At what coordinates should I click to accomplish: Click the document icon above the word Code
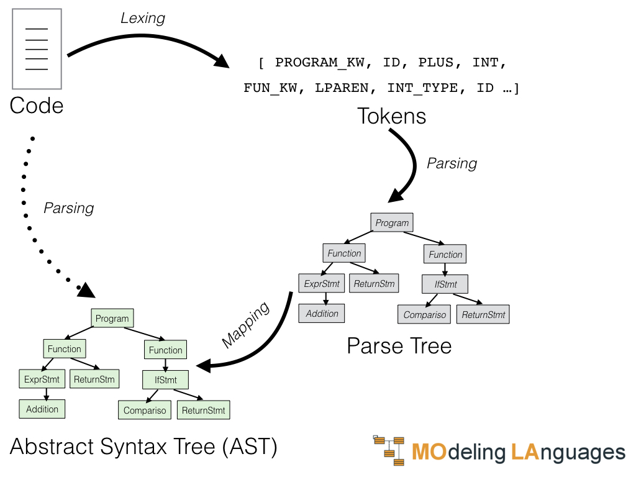pyautogui.click(x=37, y=48)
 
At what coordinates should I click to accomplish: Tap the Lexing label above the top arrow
pyautogui.click(x=143, y=18)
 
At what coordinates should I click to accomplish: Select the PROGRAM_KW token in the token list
pyautogui.click(x=320, y=63)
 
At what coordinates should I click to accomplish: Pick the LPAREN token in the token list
pyautogui.click(x=342, y=88)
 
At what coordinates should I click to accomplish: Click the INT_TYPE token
pyautogui.click(x=422, y=88)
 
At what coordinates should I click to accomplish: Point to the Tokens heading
pyautogui.click(x=391, y=116)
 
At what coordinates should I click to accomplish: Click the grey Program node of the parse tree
pyautogui.click(x=392, y=223)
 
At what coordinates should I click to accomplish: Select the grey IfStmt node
pyautogui.click(x=445, y=284)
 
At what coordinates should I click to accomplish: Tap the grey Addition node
pyautogui.click(x=322, y=314)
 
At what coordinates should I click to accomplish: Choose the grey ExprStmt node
pyautogui.click(x=322, y=283)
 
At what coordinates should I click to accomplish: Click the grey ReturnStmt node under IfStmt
pyautogui.click(x=483, y=314)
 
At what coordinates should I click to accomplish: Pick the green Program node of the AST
pyautogui.click(x=112, y=319)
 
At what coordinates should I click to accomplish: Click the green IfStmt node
pyautogui.click(x=165, y=380)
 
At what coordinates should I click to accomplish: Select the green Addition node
pyautogui.click(x=42, y=409)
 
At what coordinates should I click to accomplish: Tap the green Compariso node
pyautogui.click(x=145, y=410)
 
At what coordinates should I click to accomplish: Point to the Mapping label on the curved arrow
pyautogui.click(x=246, y=325)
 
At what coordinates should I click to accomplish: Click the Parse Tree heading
pyautogui.click(x=399, y=346)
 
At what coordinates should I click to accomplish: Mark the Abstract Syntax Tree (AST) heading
pyautogui.click(x=143, y=447)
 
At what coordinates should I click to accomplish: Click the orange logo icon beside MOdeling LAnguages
pyautogui.click(x=389, y=450)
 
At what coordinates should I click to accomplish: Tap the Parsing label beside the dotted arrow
pyautogui.click(x=68, y=208)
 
